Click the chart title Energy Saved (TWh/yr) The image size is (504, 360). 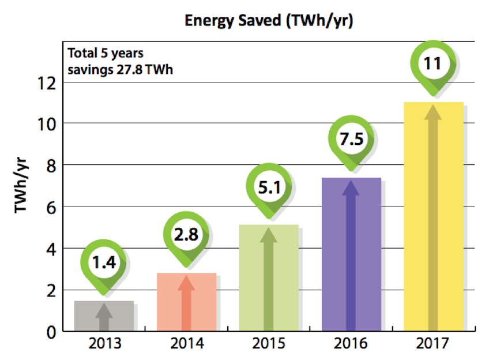(268, 21)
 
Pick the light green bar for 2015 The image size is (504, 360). (268, 277)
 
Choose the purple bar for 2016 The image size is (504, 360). (351, 254)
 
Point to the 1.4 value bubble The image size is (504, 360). (104, 263)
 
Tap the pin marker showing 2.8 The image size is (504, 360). (186, 235)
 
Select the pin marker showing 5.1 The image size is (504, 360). (269, 187)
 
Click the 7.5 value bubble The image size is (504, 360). (351, 139)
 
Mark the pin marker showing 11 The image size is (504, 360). (432, 63)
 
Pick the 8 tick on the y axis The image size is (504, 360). (51, 166)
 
